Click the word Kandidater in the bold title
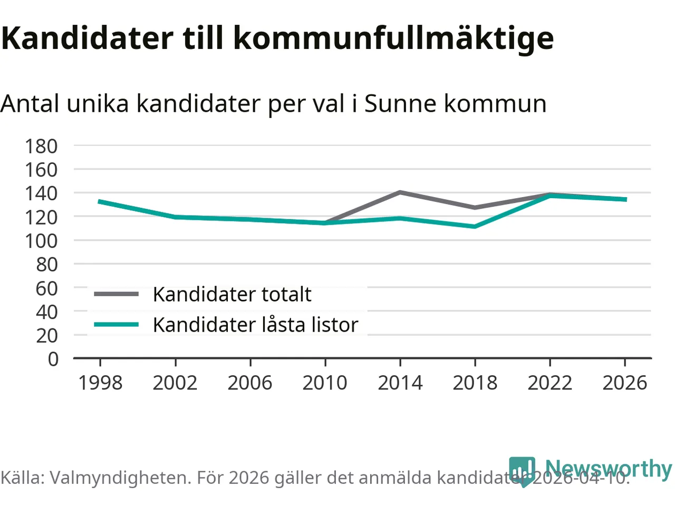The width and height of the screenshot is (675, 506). (87, 38)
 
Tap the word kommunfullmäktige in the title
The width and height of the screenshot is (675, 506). (393, 38)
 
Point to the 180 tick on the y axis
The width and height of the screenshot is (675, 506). (41, 146)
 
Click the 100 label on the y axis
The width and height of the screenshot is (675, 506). (41, 241)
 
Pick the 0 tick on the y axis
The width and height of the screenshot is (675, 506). (53, 359)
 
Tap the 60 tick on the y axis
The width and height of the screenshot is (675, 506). (47, 288)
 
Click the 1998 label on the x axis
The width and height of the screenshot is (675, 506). (100, 383)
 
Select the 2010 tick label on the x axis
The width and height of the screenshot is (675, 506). (325, 383)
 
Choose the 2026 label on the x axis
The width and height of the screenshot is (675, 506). (625, 383)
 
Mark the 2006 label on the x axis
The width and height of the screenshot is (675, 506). (250, 383)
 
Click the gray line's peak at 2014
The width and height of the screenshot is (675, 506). (400, 192)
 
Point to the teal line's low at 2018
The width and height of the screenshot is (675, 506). (475, 227)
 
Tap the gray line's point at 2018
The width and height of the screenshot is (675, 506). (475, 208)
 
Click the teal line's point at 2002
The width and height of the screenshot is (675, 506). (175, 217)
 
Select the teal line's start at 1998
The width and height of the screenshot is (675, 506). (100, 201)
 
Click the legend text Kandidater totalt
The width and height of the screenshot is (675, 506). (232, 294)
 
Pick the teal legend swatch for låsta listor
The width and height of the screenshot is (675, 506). (116, 325)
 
